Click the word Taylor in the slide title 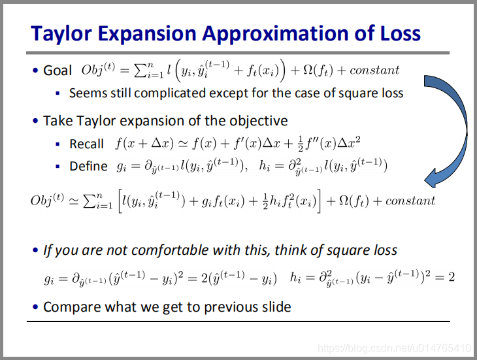click(x=61, y=33)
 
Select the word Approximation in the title click(x=276, y=34)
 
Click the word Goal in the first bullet click(x=58, y=71)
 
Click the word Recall click(x=86, y=144)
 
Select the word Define click(x=88, y=167)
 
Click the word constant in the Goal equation click(x=374, y=71)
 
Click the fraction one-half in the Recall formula click(x=300, y=144)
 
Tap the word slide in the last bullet click(x=276, y=307)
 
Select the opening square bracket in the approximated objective click(x=120, y=201)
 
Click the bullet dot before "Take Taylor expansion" click(x=35, y=121)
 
